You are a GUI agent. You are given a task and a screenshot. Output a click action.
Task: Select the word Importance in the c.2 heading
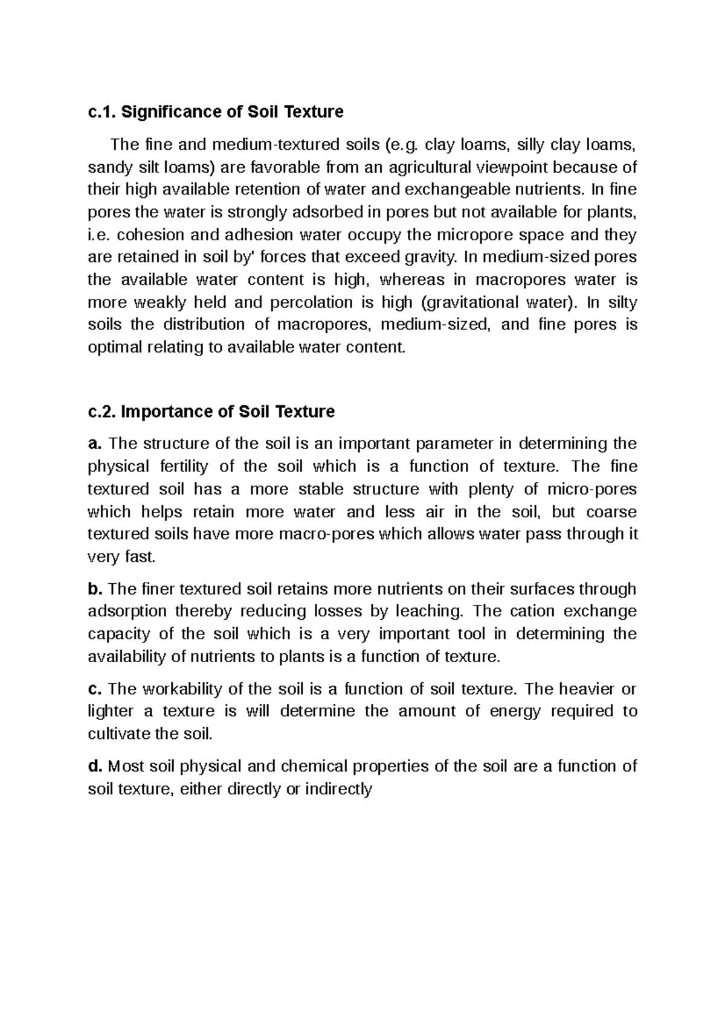[x=158, y=412]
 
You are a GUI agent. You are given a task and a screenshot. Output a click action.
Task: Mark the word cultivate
[x=119, y=734]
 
